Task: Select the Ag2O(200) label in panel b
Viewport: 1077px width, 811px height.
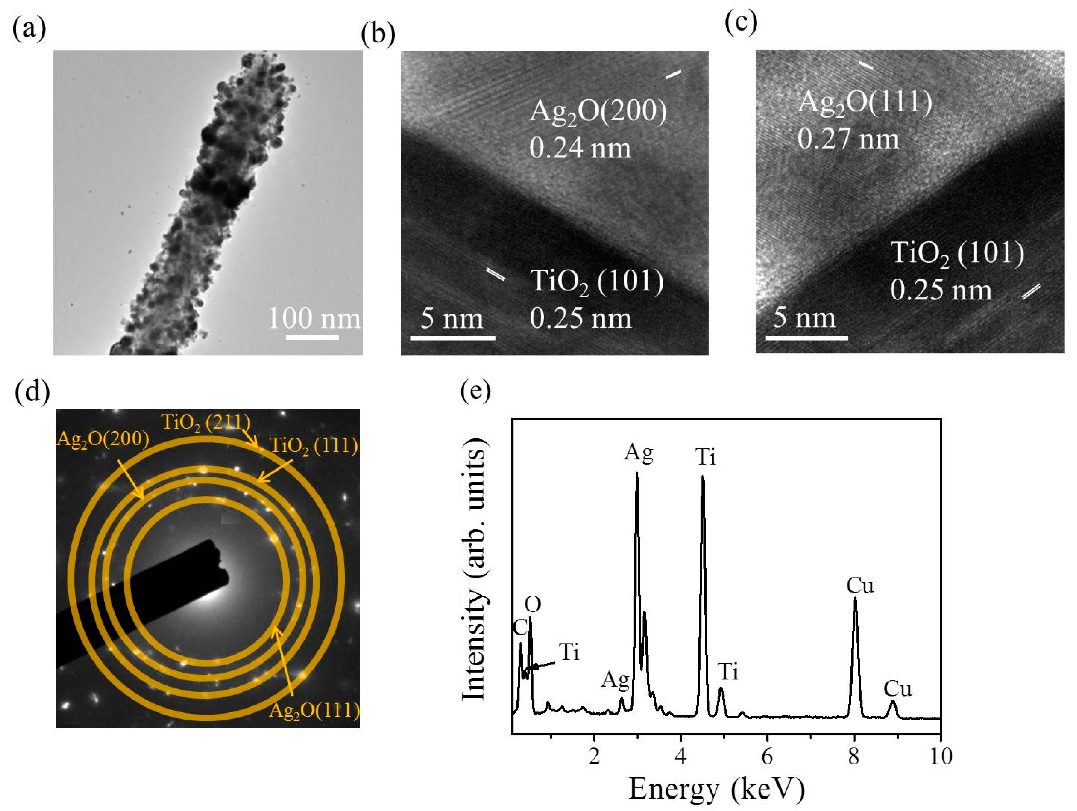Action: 598,111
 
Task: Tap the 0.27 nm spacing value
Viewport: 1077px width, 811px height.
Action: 848,139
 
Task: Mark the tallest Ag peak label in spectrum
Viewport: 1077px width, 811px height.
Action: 639,453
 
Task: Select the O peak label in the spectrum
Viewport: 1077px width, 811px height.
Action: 533,605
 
